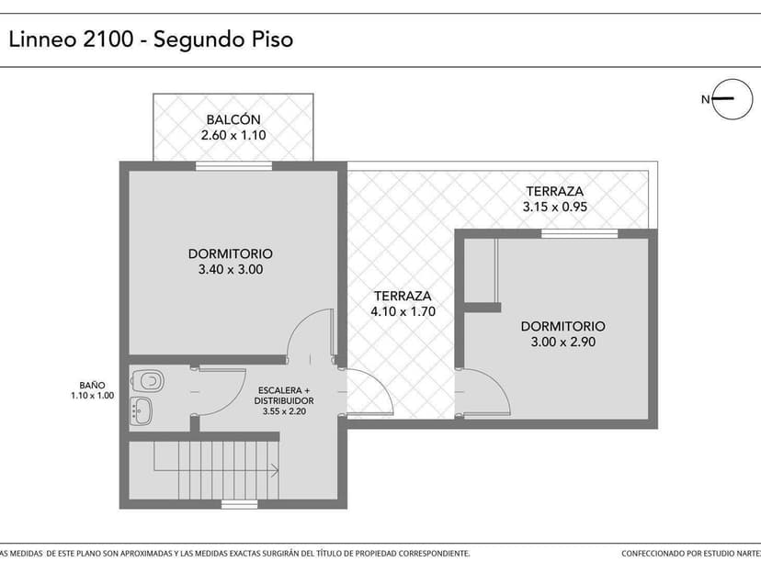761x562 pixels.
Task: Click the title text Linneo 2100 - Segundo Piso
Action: point(151,40)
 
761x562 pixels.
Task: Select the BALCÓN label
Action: point(233,119)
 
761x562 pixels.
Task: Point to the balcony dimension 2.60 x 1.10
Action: point(233,136)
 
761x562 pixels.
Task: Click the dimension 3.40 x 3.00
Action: point(231,270)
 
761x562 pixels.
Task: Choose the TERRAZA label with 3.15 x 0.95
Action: point(554,191)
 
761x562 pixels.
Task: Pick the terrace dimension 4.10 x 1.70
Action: point(403,312)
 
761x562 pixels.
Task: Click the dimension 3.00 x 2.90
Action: point(562,343)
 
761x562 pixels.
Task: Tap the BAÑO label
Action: point(92,386)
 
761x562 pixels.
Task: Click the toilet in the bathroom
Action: point(147,379)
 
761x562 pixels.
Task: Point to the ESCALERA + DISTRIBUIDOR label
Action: point(284,396)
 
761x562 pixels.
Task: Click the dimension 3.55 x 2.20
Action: point(284,411)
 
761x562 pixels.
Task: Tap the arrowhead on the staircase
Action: point(275,472)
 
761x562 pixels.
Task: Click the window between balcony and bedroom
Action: point(233,166)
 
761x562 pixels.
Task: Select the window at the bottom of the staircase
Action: point(239,504)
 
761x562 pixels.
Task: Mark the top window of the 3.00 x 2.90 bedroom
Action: point(566,233)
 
